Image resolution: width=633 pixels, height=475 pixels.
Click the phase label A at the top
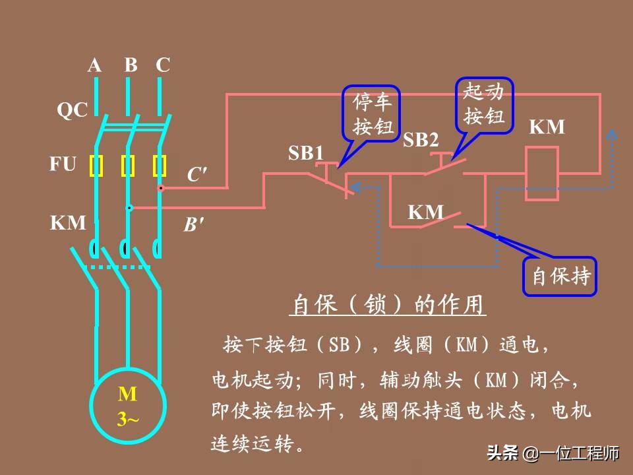tap(95, 65)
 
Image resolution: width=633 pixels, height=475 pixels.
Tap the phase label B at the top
tap(131, 65)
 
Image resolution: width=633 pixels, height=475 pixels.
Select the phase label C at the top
tap(163, 65)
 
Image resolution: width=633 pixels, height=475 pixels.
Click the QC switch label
tap(72, 110)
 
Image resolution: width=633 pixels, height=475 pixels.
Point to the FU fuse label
tap(63, 164)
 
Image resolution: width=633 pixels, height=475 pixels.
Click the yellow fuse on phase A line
tap(97, 166)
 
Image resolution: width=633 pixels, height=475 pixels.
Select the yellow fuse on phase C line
tap(160, 166)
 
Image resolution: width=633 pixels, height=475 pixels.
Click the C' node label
tap(196, 175)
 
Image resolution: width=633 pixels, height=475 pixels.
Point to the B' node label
tap(193, 226)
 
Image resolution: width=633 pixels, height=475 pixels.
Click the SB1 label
tap(306, 154)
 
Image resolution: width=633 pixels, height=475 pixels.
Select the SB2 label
tap(421, 140)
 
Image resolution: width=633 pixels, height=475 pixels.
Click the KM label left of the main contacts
tap(69, 223)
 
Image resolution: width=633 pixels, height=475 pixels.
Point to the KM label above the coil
tap(547, 127)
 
